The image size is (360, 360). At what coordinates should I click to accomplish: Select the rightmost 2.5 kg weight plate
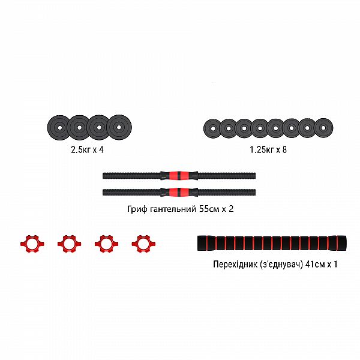119,127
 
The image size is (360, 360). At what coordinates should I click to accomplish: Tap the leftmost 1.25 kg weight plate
212,129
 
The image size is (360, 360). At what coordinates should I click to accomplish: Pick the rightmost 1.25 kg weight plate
323,128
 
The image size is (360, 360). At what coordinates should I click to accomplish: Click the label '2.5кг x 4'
87,150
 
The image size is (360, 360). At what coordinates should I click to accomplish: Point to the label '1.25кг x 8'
268,150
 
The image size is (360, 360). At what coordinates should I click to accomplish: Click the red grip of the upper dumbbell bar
179,175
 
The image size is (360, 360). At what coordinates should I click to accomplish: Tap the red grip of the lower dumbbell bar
179,192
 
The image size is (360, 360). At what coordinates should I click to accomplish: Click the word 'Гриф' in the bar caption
137,209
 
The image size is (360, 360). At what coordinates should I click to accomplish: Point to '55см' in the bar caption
209,209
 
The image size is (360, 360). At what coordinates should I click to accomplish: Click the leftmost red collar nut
32,244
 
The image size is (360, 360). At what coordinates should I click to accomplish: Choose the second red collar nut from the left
70,244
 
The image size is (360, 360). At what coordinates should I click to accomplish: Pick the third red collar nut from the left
107,244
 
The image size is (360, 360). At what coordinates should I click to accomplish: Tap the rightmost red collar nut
143,244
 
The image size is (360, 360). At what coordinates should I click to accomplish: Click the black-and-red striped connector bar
272,243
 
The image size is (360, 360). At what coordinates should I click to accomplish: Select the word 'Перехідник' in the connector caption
236,265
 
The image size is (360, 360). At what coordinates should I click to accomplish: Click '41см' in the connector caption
315,265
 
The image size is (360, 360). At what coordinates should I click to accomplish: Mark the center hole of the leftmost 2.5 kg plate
59,128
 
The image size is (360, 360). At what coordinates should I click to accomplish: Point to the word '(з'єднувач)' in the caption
282,265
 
